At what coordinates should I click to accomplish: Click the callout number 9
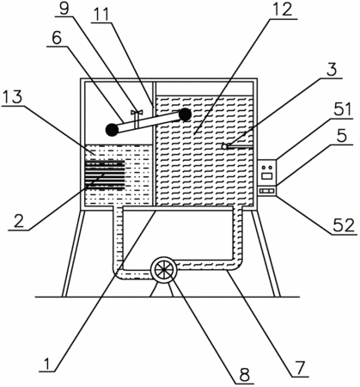[x=64, y=9]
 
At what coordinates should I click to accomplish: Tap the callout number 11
[x=101, y=14]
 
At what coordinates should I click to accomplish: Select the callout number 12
[x=282, y=9]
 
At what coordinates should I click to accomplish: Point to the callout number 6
[x=57, y=37]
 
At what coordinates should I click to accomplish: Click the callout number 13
[x=12, y=97]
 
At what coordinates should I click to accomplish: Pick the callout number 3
[x=332, y=70]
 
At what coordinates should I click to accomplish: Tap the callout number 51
[x=342, y=109]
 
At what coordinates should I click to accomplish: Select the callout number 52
[x=344, y=225]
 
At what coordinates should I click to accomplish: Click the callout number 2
[x=19, y=221]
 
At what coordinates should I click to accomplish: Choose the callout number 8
[x=245, y=374]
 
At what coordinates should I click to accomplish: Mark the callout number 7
[x=300, y=368]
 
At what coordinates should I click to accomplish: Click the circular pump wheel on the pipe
[x=163, y=269]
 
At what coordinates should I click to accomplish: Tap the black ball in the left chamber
[x=112, y=130]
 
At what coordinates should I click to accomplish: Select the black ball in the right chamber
[x=186, y=114]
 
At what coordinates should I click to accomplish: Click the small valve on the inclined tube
[x=137, y=117]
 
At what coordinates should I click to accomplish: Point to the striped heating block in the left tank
[x=105, y=175]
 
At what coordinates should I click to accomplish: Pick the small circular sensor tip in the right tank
[x=225, y=146]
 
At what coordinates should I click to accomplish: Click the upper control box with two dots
[x=266, y=172]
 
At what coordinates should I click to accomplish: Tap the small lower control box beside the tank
[x=266, y=191]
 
